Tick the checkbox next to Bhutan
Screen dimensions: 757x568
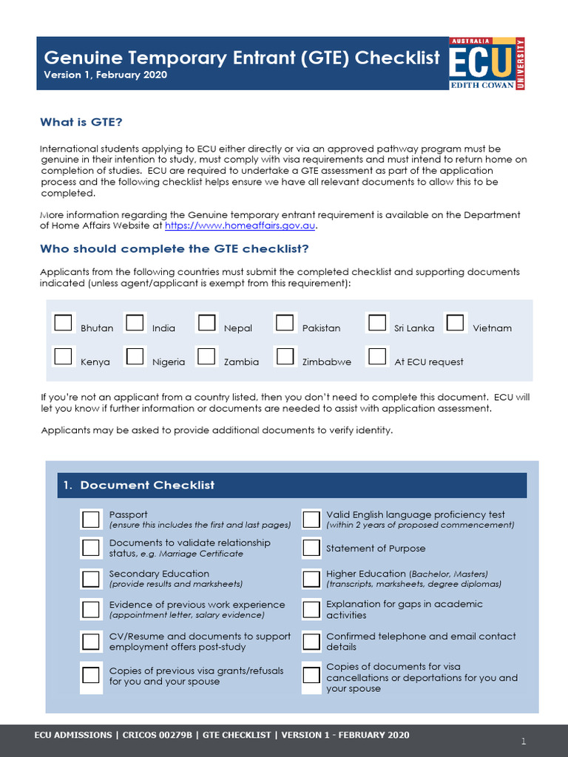63,323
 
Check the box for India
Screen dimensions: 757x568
135,323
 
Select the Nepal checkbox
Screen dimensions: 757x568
206,323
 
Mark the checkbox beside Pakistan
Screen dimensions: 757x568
285,323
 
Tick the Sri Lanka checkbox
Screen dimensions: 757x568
377,323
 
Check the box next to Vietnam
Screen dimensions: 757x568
455,323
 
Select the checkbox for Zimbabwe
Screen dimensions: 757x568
285,356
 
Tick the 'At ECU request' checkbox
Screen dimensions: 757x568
377,356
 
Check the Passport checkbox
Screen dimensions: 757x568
90,520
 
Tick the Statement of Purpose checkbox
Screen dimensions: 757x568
311,549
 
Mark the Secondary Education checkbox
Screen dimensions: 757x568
90,579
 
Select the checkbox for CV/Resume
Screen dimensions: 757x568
90,641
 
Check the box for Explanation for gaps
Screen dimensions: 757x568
311,610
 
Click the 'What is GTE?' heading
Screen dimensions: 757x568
81,122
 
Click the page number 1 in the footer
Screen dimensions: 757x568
523,741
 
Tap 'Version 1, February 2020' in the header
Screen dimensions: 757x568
105,75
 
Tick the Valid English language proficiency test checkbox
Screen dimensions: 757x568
311,520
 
